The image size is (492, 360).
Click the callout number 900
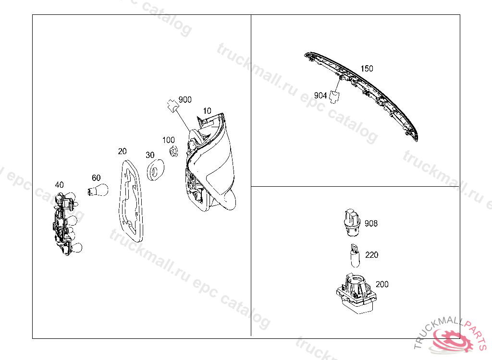pos(185,100)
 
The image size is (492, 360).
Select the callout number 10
pos(207,111)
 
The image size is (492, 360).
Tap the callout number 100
pos(169,140)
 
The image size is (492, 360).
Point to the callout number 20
pos(123,151)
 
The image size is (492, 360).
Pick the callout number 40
pos(59,185)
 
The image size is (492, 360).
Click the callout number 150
pos(367,69)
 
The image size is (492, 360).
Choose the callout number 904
pos(320,96)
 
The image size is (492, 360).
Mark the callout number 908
pos(371,224)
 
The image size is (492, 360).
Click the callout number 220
pos(372,255)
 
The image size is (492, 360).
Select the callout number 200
pos(382,285)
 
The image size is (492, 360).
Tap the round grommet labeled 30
pos(155,170)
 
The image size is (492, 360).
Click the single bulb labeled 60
pos(98,190)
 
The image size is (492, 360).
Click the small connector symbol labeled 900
pos(172,106)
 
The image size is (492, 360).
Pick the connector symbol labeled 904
pos(335,97)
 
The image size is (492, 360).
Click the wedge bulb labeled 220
pos(355,255)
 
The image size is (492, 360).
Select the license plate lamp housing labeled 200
pos(357,293)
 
